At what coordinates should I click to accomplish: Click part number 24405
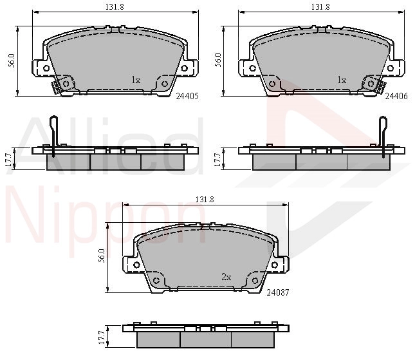[187, 96]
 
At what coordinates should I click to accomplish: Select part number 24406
[396, 96]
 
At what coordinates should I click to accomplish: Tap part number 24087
[278, 292]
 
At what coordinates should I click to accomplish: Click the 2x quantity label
[226, 277]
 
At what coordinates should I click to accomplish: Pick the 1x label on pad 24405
[136, 80]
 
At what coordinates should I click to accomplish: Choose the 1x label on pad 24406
[342, 80]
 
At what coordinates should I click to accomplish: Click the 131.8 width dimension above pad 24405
[115, 7]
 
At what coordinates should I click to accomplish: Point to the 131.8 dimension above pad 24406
[320, 7]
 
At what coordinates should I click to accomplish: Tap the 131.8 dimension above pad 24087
[205, 199]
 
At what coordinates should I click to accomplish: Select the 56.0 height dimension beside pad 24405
[12, 61]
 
